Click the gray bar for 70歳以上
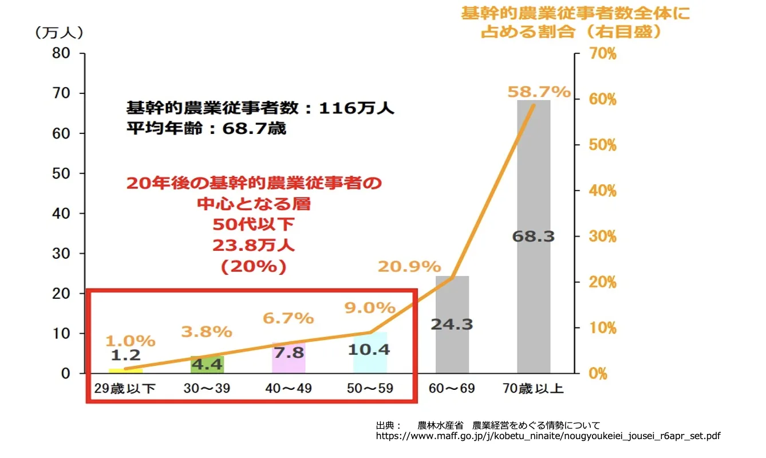[x=533, y=172]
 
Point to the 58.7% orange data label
[x=539, y=92]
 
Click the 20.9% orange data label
[x=409, y=266]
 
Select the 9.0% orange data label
[x=370, y=307]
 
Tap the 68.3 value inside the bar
[x=533, y=236]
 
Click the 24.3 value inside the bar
[x=452, y=325]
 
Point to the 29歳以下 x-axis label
[x=125, y=389]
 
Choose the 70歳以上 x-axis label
[x=533, y=389]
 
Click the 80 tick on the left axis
[x=62, y=53]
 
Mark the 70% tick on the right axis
[x=603, y=54]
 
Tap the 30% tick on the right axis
[x=603, y=236]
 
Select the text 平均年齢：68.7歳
[x=206, y=129]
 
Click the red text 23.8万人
[x=254, y=246]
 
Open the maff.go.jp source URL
[x=548, y=436]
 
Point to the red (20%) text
[x=254, y=267]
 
